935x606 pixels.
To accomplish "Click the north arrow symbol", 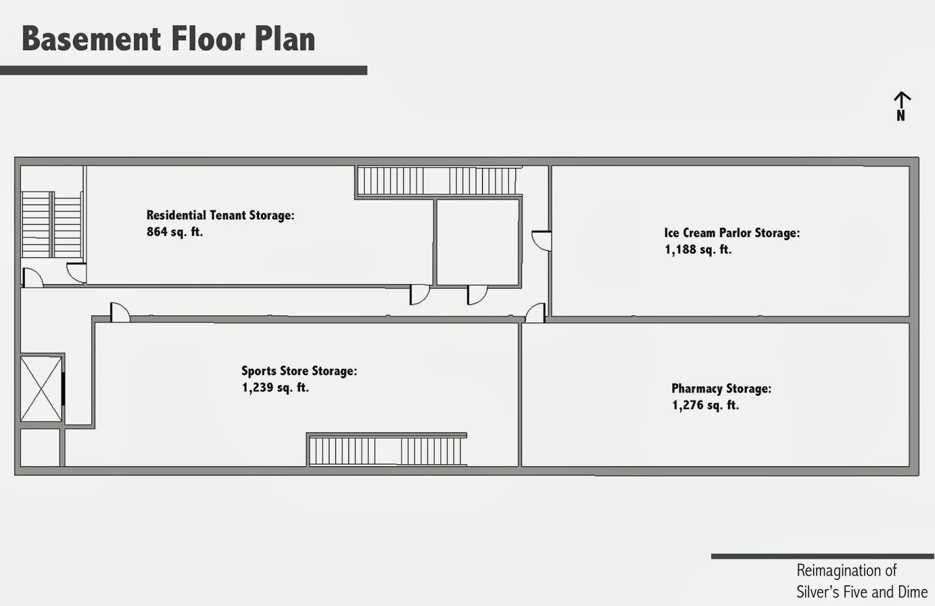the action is point(902,105).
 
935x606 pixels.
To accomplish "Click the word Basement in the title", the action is point(91,39).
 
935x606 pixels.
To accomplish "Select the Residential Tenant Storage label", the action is point(220,215).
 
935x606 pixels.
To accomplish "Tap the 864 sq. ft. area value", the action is point(175,232).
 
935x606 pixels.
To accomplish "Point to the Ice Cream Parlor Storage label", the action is point(732,233).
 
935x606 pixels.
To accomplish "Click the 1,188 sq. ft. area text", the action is point(698,250).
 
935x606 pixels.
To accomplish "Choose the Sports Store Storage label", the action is point(299,371).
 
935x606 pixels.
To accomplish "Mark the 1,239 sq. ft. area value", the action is point(275,388).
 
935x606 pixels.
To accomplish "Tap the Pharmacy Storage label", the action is point(721,388).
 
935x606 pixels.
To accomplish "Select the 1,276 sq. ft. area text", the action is point(705,405).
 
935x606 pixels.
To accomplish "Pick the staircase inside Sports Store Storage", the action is point(386,450).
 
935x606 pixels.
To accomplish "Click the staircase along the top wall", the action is point(438,181).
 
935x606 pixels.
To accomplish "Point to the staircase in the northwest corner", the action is point(51,224).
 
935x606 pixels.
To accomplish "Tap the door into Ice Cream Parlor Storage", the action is point(542,240).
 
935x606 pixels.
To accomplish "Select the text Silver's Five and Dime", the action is point(862,592).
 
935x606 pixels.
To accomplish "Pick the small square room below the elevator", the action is point(40,447).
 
